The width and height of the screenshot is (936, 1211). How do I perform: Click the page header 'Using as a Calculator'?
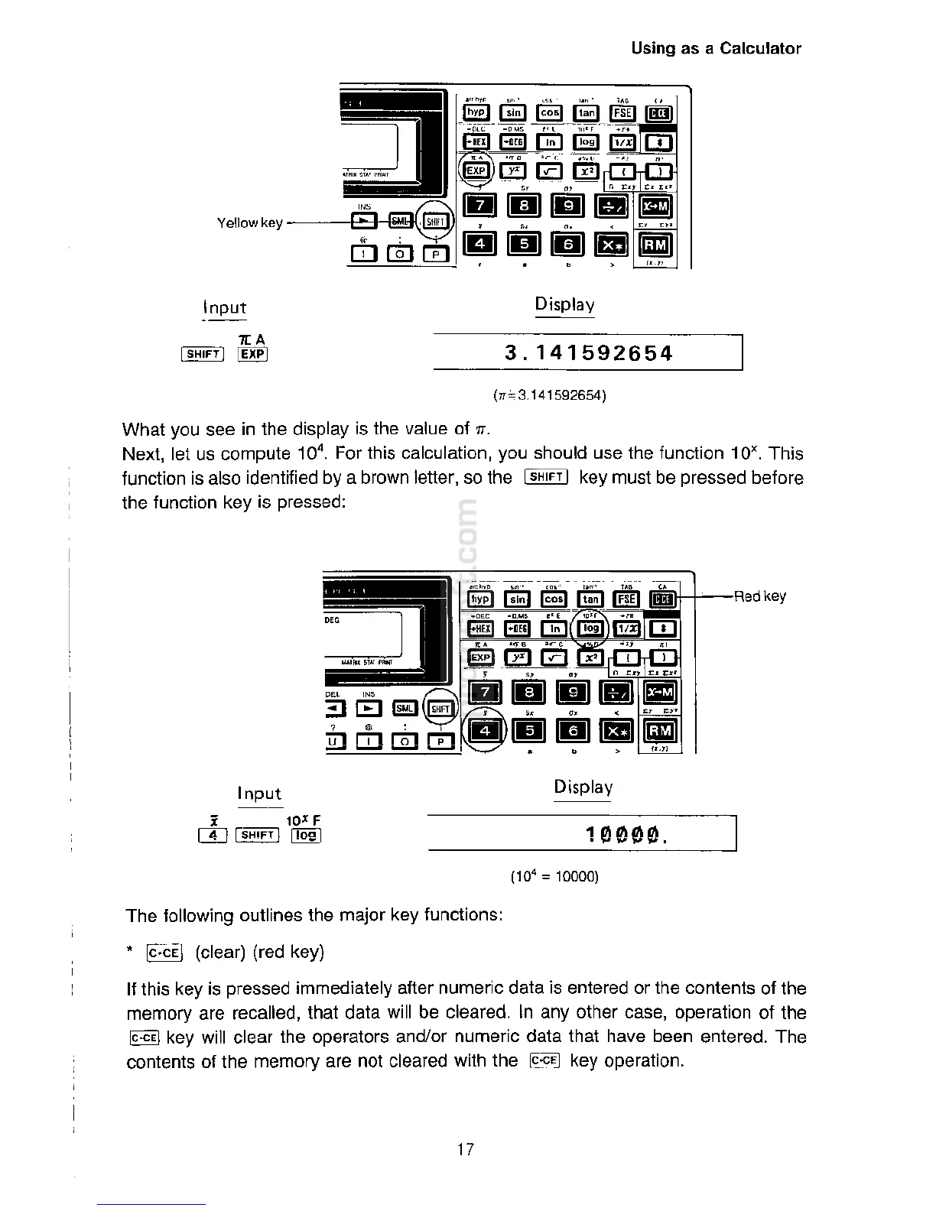(x=716, y=49)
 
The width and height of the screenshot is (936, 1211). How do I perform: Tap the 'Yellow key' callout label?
(x=249, y=223)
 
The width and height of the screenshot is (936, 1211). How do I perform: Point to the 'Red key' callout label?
(x=759, y=596)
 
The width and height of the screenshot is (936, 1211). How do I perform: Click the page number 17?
(x=465, y=1148)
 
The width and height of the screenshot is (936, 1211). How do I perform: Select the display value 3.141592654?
(x=588, y=353)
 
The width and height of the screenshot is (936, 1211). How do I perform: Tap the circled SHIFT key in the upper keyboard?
(x=435, y=222)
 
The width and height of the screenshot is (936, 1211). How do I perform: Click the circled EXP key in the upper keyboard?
(x=476, y=170)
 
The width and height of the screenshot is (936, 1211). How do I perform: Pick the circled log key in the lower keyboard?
(x=590, y=628)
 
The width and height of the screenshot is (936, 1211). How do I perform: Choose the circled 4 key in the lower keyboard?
(x=483, y=732)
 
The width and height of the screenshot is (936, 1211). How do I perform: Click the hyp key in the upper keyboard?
(x=476, y=113)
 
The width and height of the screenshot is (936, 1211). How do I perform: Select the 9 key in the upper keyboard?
(x=568, y=205)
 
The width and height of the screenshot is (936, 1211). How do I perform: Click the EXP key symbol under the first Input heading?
(x=253, y=354)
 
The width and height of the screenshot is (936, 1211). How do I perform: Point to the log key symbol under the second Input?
(x=306, y=835)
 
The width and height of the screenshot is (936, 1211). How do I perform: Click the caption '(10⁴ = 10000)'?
(x=554, y=876)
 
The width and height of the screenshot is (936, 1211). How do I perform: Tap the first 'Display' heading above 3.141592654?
(x=564, y=304)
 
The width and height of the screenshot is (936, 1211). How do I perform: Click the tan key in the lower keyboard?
(x=590, y=600)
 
